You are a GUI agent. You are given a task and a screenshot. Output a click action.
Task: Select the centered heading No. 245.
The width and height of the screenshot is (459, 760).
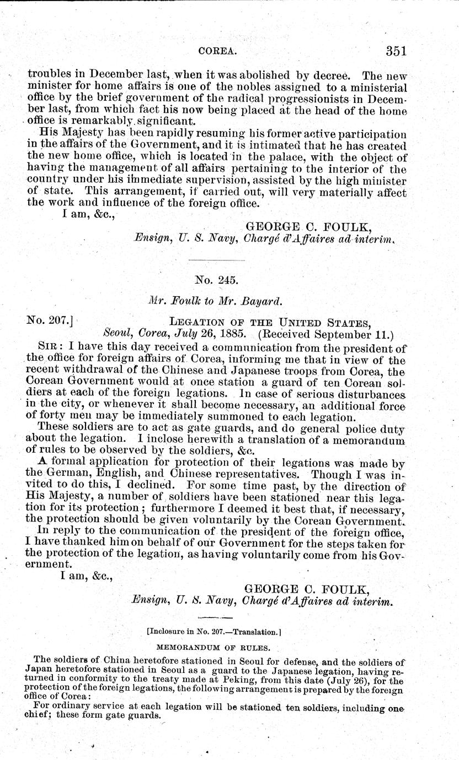coord(216,280)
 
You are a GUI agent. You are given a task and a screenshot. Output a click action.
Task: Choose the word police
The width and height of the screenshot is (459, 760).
coord(342,428)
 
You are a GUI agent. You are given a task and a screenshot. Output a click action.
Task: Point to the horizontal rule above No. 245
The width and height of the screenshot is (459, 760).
coord(216,258)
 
